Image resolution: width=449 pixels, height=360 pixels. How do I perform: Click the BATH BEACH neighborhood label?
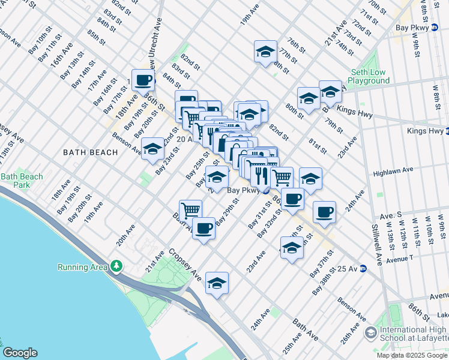point(91,152)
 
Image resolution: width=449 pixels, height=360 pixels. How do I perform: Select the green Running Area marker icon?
point(116,266)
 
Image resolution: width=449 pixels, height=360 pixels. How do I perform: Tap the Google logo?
point(20,353)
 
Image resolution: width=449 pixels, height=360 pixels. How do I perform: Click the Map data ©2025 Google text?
point(412,355)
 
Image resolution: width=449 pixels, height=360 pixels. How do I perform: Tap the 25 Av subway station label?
point(348,269)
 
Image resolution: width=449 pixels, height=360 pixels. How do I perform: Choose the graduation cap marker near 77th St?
point(265,52)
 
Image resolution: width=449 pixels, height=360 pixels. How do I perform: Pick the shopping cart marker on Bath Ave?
point(190,210)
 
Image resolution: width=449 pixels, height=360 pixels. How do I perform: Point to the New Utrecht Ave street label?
point(158,36)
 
